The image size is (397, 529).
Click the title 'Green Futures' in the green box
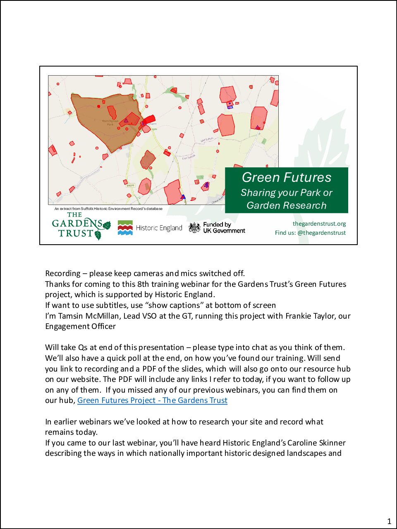pos(287,177)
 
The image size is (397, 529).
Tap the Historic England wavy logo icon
pos(125,228)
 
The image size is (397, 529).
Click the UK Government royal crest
pos(194,228)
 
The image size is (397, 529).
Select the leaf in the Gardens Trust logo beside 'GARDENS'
pos(107,225)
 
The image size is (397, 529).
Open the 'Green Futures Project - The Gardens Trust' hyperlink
pos(152,400)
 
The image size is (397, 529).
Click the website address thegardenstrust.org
pos(319,224)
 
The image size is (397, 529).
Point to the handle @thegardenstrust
pos(321,233)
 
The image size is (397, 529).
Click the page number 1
pos(389,521)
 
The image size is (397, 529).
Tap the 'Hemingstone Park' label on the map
pos(110,122)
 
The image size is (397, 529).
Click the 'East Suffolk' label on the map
pos(189,157)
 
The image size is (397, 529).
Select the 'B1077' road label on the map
pos(130,185)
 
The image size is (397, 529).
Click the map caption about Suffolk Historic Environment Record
pos(108,209)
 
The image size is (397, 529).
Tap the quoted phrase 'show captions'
pos(174,305)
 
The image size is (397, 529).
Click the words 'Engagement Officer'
pos(80,326)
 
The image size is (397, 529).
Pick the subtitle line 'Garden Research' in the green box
pos(287,205)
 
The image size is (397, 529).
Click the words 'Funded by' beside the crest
pos(217,224)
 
